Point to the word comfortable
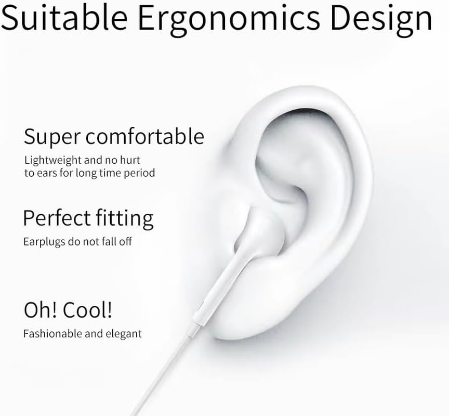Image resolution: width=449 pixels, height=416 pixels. click(x=144, y=136)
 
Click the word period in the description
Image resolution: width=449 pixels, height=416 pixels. click(x=139, y=173)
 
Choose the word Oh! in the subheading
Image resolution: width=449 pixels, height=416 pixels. click(x=40, y=310)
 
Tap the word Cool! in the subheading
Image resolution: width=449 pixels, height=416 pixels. click(x=88, y=310)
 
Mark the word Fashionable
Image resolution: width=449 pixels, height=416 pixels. click(x=53, y=333)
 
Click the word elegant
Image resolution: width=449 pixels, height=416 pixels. click(x=124, y=334)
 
